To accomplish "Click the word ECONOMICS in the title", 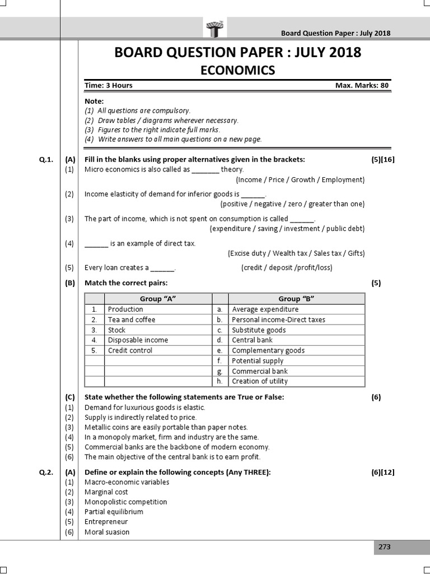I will pyautogui.click(x=238, y=70).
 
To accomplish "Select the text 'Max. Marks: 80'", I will pyautogui.click(x=362, y=86).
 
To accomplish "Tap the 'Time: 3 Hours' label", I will pyautogui.click(x=109, y=86).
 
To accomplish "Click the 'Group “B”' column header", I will pyautogui.click(x=296, y=299).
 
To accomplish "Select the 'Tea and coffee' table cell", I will pyautogui.click(x=132, y=320).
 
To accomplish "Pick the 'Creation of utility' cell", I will pyautogui.click(x=260, y=381).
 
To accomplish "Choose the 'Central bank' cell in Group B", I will pyautogui.click(x=252, y=340).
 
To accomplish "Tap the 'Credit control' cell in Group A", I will pyautogui.click(x=130, y=350).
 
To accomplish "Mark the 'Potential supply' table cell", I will pyautogui.click(x=258, y=361).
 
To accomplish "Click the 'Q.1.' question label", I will pyautogui.click(x=46, y=160).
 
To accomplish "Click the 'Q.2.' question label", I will pyautogui.click(x=46, y=473).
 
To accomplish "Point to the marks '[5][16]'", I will pyautogui.click(x=383, y=160).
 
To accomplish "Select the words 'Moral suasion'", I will pyautogui.click(x=107, y=532).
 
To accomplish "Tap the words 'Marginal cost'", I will pyautogui.click(x=106, y=492).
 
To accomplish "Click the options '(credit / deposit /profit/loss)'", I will pyautogui.click(x=287, y=268).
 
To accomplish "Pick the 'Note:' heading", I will pyautogui.click(x=94, y=101).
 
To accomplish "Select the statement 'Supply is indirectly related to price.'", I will pyautogui.click(x=141, y=418).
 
